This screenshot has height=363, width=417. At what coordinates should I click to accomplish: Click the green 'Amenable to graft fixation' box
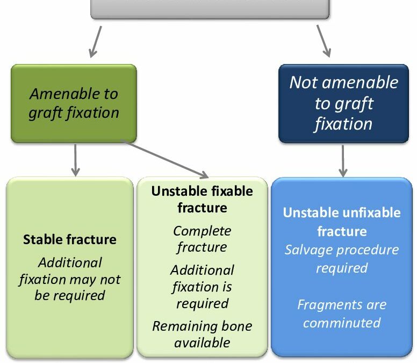pyautogui.click(x=74, y=103)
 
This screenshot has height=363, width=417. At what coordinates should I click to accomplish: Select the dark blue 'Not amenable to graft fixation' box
pyautogui.click(x=343, y=103)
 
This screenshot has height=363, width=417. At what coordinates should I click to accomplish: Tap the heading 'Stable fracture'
pyautogui.click(x=69, y=239)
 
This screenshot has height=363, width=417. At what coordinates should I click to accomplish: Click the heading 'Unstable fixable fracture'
pyautogui.click(x=202, y=199)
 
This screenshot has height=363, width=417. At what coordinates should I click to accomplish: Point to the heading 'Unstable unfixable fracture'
pyautogui.click(x=341, y=222)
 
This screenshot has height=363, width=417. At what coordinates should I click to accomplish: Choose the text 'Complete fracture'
pyautogui.click(x=202, y=239)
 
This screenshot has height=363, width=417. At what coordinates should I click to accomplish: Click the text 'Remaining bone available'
pyautogui.click(x=202, y=334)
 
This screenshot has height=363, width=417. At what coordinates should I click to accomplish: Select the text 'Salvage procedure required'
pyautogui.click(x=341, y=259)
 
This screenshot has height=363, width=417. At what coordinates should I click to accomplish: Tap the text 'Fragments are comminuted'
pyautogui.click(x=341, y=314)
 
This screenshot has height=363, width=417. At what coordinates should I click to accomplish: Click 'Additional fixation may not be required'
pyautogui.click(x=69, y=279)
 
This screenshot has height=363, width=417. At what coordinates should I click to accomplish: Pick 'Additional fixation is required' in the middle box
pyautogui.click(x=202, y=287)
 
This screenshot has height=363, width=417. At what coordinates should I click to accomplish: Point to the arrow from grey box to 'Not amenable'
pyautogui.click(x=323, y=40)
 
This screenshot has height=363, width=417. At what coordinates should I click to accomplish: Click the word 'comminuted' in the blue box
pyautogui.click(x=341, y=323)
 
